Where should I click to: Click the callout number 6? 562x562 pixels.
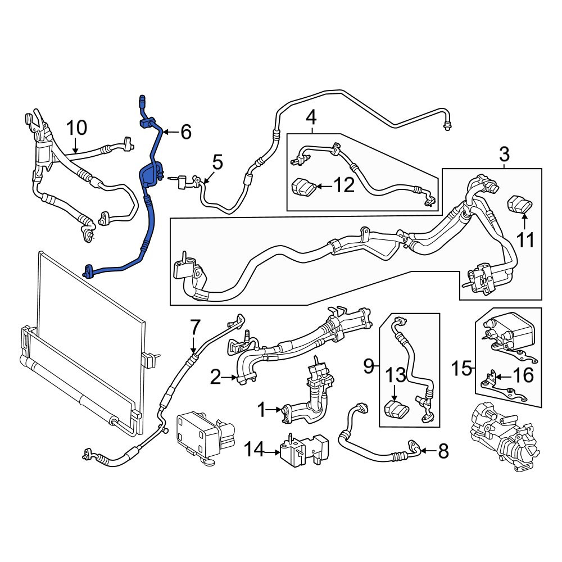(x=186, y=132)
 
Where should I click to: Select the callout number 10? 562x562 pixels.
(x=76, y=128)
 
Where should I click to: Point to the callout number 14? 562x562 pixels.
(x=254, y=450)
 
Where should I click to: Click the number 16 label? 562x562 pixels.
(x=523, y=375)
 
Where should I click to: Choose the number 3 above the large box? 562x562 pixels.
(x=504, y=155)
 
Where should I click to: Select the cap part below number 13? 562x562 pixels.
(x=396, y=411)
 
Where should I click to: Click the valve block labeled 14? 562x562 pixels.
(x=304, y=450)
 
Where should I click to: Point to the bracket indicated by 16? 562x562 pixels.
(x=504, y=387)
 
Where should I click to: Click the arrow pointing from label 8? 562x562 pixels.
(x=427, y=451)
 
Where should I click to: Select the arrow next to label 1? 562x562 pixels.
(x=274, y=409)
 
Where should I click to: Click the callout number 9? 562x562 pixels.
(x=369, y=366)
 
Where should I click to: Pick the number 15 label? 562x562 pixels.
(x=461, y=368)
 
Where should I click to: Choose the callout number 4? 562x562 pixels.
(x=311, y=117)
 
